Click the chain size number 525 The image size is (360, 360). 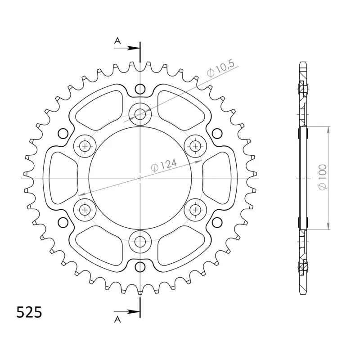point(29,312)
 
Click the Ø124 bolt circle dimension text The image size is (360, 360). point(164,165)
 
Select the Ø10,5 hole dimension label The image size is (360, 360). point(220,68)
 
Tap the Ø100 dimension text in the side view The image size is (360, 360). point(322,177)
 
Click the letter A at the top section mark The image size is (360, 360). point(117,41)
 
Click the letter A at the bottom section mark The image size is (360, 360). point(117,319)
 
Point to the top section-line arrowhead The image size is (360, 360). point(134,48)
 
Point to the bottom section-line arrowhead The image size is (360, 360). point(134,312)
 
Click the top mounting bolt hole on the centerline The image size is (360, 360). point(140,114)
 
